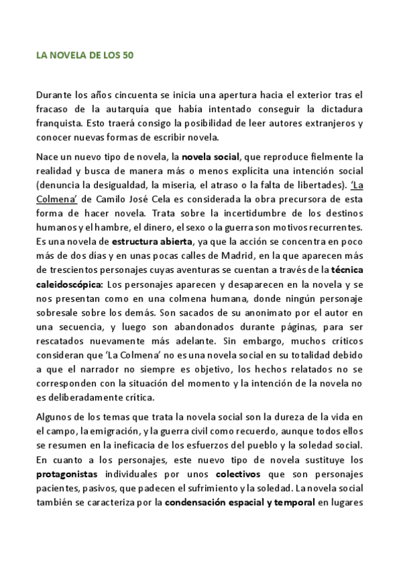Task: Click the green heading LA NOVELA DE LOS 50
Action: [x=85, y=55]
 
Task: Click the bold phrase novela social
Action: [x=211, y=157]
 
